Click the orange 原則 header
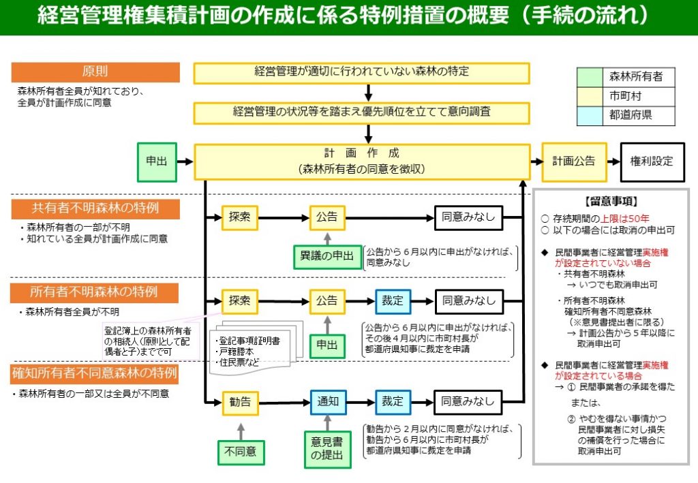click(95, 72)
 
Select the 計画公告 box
click(573, 161)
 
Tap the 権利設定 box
click(651, 161)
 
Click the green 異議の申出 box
click(327, 257)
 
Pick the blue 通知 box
click(327, 401)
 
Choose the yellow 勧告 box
click(240, 401)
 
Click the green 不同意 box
click(240, 450)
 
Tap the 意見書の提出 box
click(327, 450)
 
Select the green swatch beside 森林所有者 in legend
click(590, 78)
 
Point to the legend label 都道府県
click(631, 115)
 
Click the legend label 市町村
click(625, 97)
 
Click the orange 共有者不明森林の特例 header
click(95, 208)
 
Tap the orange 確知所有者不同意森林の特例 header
click(95, 373)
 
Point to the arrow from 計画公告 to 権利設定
click(611, 161)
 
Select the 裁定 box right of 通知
click(393, 401)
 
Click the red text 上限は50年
click(624, 219)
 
